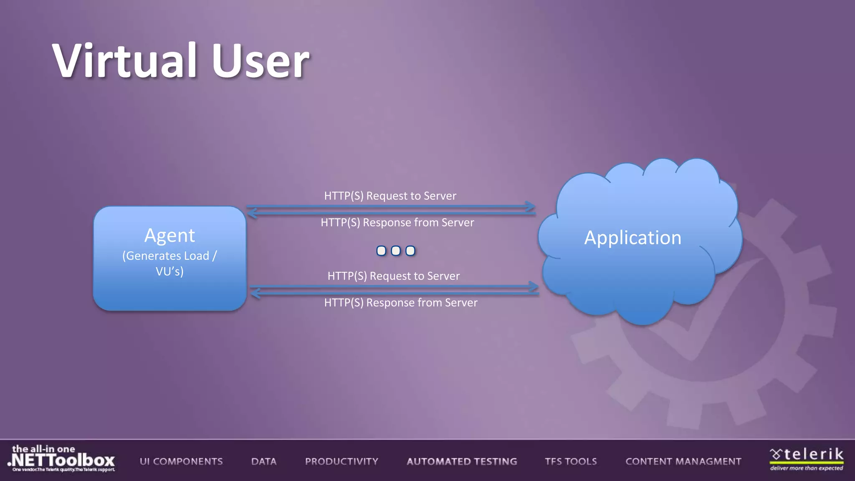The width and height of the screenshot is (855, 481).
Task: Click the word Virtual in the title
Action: pos(124,61)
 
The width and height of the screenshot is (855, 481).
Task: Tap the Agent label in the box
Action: pos(169,235)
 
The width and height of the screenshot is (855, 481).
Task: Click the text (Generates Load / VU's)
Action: pos(169,263)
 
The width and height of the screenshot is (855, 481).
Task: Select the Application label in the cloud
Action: pos(632,238)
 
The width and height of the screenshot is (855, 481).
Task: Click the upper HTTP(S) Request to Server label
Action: pos(390,196)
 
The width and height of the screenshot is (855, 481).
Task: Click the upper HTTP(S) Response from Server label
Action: pos(397,223)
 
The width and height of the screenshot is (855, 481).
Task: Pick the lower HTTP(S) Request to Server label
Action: pos(393,276)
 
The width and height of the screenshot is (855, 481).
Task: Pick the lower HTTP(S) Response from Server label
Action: pos(400,303)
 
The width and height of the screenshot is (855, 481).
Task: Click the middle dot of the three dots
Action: pos(396,251)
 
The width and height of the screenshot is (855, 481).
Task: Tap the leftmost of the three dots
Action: pos(381,251)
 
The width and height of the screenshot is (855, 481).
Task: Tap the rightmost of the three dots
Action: pos(410,251)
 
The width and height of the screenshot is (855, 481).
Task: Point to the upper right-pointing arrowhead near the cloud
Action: pos(531,206)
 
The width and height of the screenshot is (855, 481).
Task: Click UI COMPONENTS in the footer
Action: pos(181,461)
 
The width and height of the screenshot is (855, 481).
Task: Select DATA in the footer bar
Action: pos(264,461)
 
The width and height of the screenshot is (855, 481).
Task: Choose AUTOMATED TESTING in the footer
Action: pos(462,461)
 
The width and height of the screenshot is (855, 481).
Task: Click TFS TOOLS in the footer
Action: pos(571,461)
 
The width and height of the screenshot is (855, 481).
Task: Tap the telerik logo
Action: pos(807,458)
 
